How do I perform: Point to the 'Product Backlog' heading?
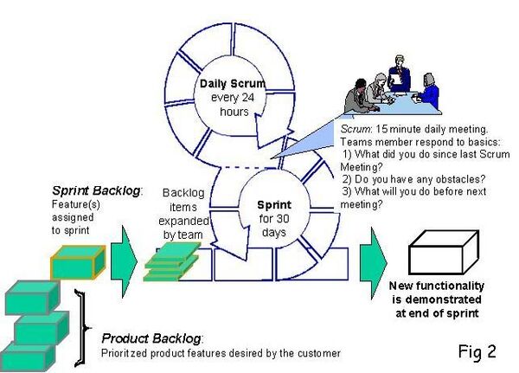tap(152, 338)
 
